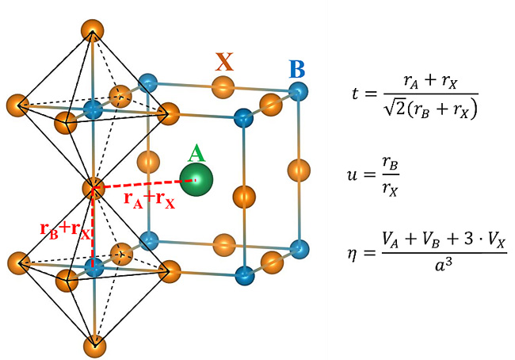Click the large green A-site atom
pyautogui.click(x=195, y=180)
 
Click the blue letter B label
pyautogui.click(x=297, y=68)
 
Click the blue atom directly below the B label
pyautogui.click(x=297, y=94)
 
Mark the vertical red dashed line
pyautogui.click(x=93, y=230)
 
